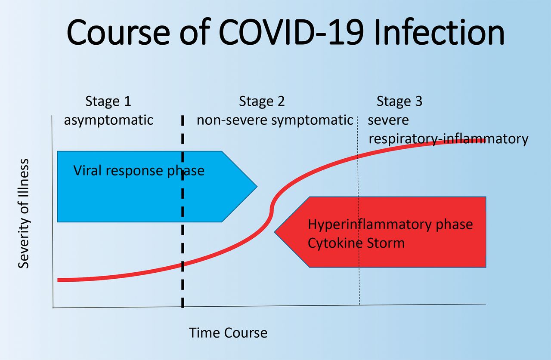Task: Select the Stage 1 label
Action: click(108, 102)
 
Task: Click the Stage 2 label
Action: click(262, 102)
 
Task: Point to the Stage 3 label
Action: click(399, 102)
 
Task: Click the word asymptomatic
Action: click(108, 120)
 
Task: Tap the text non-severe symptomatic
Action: click(275, 120)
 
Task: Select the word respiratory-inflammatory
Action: click(448, 139)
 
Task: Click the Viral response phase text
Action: click(139, 171)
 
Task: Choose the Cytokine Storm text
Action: click(356, 243)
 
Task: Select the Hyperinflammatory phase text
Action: click(390, 225)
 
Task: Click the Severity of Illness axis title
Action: click(24, 214)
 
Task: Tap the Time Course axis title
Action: click(228, 333)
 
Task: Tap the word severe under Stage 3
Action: click(388, 120)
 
